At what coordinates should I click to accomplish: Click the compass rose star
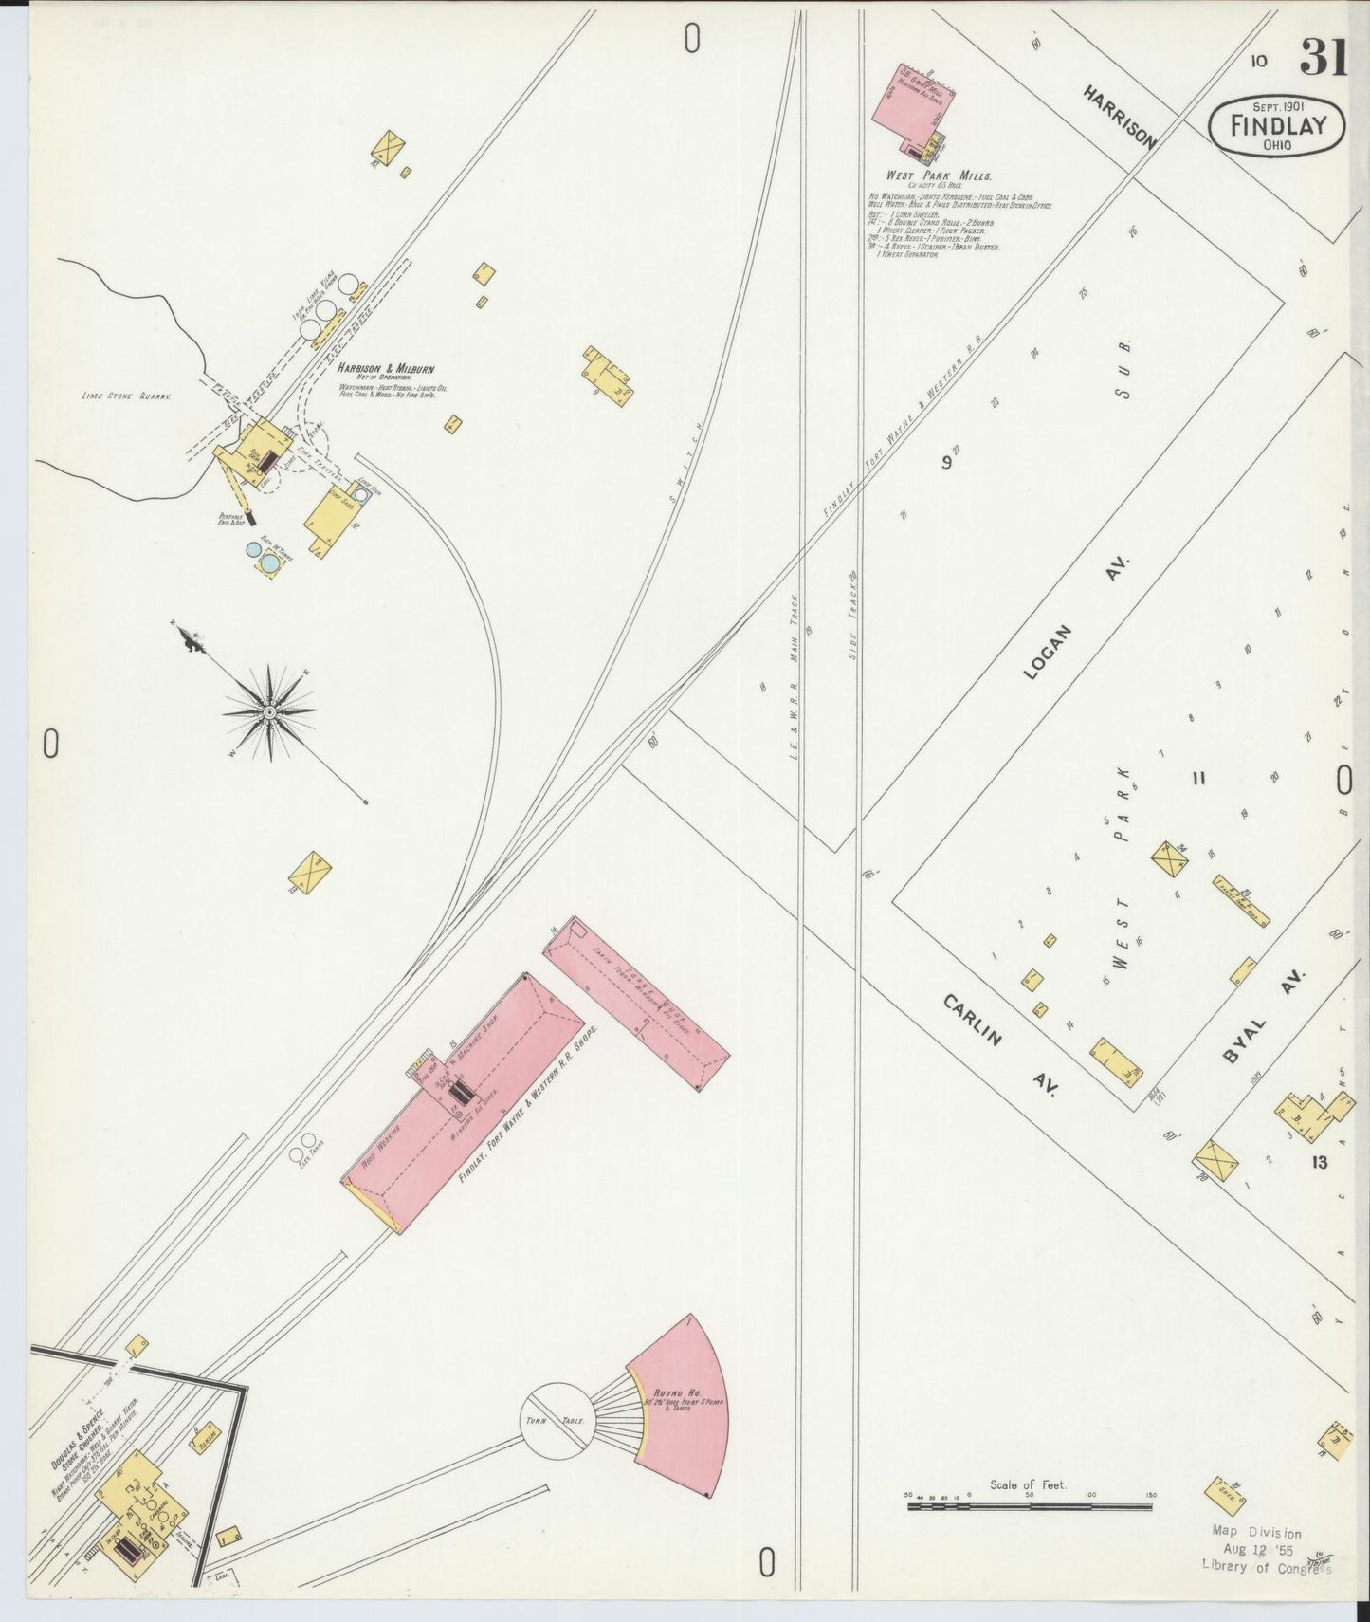click(x=270, y=711)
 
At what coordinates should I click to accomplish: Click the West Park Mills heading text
click(x=939, y=176)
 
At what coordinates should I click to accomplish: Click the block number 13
click(x=1319, y=1163)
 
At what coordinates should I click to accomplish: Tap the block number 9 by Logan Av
click(x=945, y=463)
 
